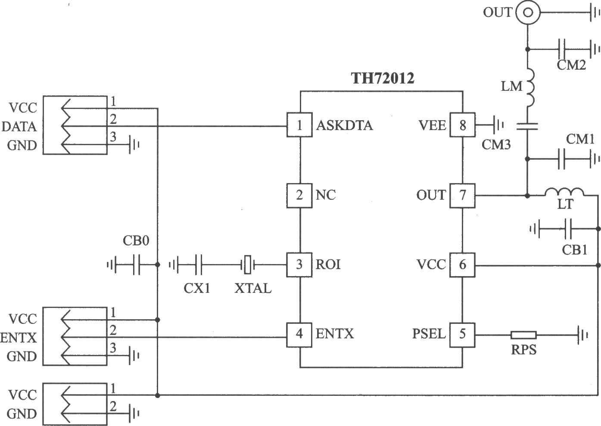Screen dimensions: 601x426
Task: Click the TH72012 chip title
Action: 383,78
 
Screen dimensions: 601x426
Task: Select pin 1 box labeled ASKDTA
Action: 299,125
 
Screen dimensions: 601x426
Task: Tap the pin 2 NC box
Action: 299,196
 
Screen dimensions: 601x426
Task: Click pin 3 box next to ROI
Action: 299,265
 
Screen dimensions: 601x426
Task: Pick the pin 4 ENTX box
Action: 299,335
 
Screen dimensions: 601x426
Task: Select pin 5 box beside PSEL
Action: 462,335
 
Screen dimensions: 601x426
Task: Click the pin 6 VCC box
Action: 462,265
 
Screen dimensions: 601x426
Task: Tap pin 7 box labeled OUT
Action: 462,196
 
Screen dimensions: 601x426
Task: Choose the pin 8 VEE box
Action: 462,125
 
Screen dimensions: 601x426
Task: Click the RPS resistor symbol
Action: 523,335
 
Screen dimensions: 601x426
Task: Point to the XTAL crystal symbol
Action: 248,265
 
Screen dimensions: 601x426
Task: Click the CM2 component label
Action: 571,65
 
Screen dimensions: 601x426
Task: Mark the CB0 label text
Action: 136,241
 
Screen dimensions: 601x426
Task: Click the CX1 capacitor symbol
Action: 199,265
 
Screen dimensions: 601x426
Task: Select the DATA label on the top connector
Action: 19,126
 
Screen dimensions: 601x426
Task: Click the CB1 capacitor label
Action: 574,250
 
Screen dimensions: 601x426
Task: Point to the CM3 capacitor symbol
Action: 527,126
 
